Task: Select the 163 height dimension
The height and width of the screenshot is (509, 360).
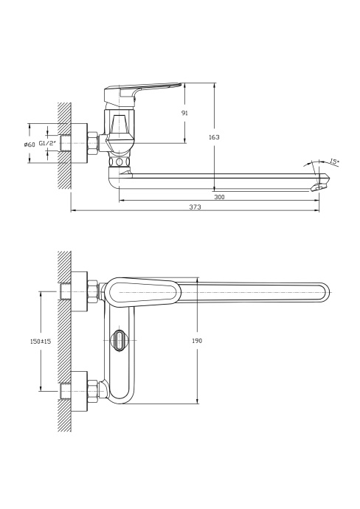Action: [x=215, y=137]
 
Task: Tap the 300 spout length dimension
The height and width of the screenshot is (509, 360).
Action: [x=220, y=197]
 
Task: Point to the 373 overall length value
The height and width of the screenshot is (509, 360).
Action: [x=195, y=207]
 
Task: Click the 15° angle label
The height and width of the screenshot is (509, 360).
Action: [x=333, y=162]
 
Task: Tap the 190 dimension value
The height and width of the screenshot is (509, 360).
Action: [x=196, y=340]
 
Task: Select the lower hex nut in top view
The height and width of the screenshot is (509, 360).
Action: [x=92, y=388]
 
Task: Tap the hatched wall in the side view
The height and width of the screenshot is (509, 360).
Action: [x=65, y=144]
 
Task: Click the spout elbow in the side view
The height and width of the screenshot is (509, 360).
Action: [x=117, y=178]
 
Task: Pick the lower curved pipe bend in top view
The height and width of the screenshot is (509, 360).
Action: [x=119, y=390]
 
